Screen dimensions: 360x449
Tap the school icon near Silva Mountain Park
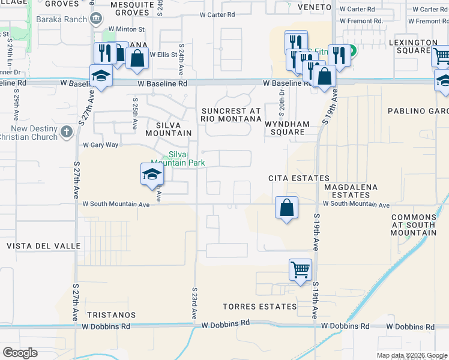[152, 175]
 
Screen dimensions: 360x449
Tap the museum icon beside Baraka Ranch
[96, 19]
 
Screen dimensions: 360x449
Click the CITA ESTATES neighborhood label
[298, 178]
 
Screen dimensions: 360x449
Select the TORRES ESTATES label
[259, 307]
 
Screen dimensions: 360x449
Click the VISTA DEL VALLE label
[43, 246]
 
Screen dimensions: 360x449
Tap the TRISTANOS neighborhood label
[111, 314]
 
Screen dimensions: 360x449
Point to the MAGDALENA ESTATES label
[351, 191]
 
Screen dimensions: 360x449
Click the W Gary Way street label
[101, 145]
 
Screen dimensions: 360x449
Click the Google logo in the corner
[20, 352]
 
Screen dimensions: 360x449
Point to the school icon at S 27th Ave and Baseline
[101, 76]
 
